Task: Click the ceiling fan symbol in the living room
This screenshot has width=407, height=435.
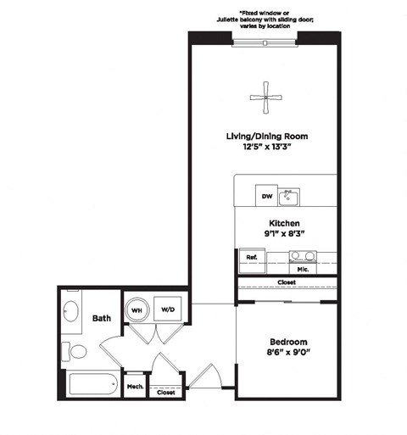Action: coord(265,98)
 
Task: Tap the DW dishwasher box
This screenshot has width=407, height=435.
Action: coord(266,197)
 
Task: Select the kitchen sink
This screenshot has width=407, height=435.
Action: coord(289,197)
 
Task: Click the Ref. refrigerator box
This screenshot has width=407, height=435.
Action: coord(251,257)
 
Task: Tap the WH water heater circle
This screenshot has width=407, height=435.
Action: coord(137,310)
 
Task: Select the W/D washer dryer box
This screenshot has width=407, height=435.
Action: coord(167,310)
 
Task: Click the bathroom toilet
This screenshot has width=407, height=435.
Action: coord(77,350)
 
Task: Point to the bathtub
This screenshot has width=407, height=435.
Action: coord(92,387)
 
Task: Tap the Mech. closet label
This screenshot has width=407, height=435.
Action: coord(135,387)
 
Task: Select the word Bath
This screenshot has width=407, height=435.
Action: coord(102,319)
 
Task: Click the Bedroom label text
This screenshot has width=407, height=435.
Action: coord(287,342)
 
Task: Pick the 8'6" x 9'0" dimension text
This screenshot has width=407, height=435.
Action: coord(287,354)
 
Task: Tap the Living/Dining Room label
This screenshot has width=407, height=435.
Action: coord(265,136)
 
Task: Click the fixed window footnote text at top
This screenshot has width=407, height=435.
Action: coord(265,19)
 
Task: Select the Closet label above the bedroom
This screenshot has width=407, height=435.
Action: coord(287,283)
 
